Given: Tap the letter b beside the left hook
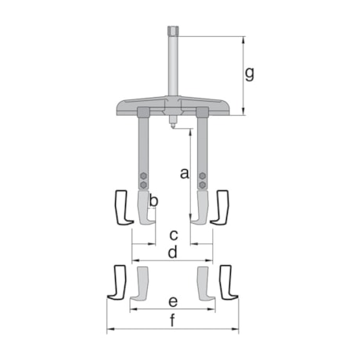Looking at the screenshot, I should pyautogui.click(x=154, y=202).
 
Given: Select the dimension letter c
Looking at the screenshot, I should pyautogui.click(x=174, y=234).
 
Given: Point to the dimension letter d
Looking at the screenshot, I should pyautogui.click(x=172, y=252).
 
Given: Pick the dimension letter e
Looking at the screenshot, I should pyautogui.click(x=173, y=301).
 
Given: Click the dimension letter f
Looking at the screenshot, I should pyautogui.click(x=172, y=319).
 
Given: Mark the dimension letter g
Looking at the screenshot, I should pyautogui.click(x=250, y=74).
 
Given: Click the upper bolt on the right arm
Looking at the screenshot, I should pyautogui.click(x=202, y=175).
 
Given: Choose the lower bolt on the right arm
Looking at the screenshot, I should pyautogui.click(x=202, y=184).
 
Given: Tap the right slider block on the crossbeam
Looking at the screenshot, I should pyautogui.click(x=202, y=112).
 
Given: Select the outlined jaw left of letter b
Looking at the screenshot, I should pyautogui.click(x=121, y=209).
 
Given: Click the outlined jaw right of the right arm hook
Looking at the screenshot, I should pyautogui.click(x=222, y=209).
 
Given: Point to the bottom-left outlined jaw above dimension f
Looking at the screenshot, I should pyautogui.click(x=117, y=283).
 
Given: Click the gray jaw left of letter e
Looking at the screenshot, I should pyautogui.click(x=141, y=285).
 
